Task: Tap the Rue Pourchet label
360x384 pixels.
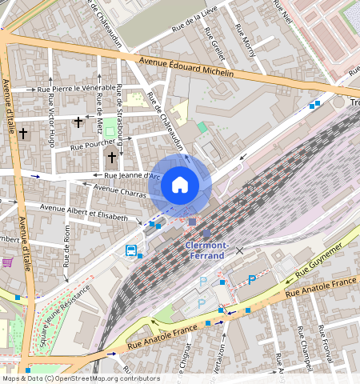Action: pyautogui.click(x=93, y=146)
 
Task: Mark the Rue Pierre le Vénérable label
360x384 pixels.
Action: pyautogui.click(x=76, y=87)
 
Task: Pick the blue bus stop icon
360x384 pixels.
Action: pyautogui.click(x=130, y=250)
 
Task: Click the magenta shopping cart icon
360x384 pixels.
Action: pyautogui.click(x=7, y=262)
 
